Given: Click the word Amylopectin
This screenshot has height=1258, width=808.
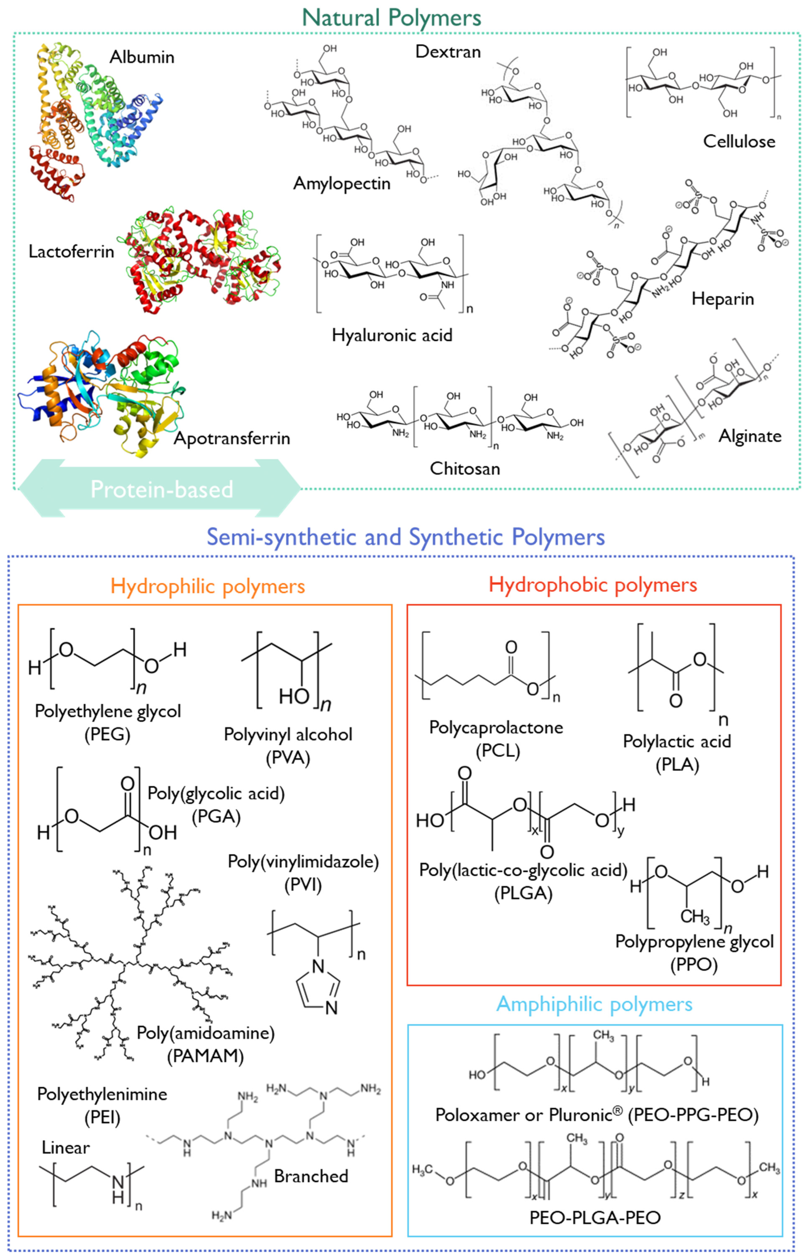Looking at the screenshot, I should (341, 184).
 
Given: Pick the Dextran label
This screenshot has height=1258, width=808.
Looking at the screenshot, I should (447, 51).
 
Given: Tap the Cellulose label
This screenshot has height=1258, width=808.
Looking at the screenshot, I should (739, 142).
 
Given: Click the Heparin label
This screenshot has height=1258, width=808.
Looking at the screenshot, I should (722, 299).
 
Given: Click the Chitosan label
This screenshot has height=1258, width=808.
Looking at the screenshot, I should (465, 468).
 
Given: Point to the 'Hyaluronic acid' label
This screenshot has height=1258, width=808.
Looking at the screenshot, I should (392, 335).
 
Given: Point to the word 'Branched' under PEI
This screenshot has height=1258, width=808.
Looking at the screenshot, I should (311, 1176).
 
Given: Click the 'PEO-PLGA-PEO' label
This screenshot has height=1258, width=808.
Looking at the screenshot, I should (594, 1217).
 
